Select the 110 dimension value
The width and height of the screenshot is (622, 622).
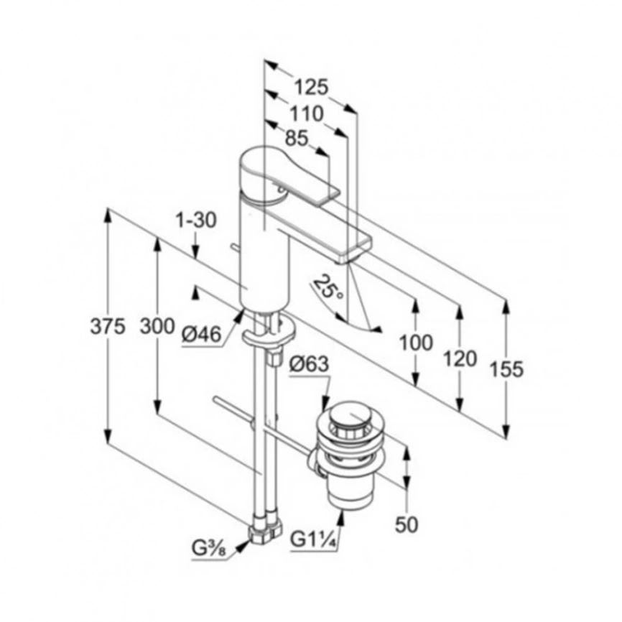(306, 114)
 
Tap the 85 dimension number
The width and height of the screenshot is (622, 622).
(297, 139)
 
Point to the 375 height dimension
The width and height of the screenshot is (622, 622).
(108, 327)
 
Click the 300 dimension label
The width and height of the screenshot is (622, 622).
(157, 327)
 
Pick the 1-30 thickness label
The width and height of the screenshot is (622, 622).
(196, 221)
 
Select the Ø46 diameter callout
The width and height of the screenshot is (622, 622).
(201, 335)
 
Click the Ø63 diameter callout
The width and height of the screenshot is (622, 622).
(309, 363)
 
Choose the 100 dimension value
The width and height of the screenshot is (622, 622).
(415, 343)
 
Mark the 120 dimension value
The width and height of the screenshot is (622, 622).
(460, 359)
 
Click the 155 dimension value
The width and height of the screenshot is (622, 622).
(506, 369)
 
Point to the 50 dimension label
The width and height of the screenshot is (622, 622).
(407, 524)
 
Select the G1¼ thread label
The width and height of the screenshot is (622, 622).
(314, 539)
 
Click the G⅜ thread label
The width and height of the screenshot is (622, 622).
(209, 549)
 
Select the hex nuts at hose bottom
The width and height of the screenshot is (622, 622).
(266, 529)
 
